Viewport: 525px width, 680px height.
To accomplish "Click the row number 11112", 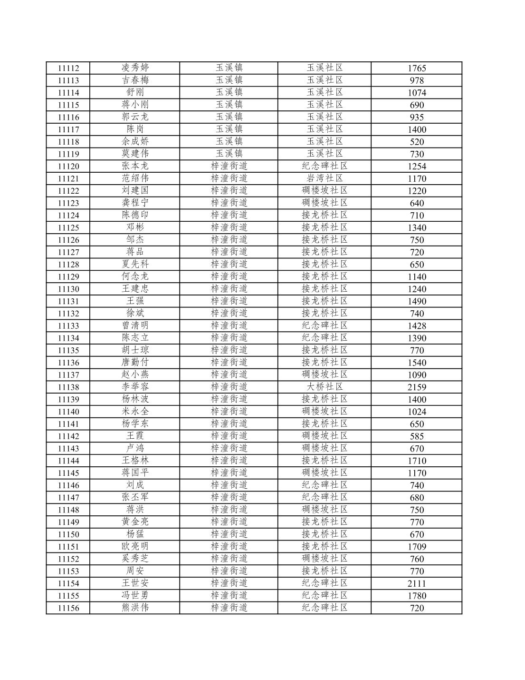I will (68, 68).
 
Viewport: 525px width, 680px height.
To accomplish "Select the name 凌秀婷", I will (135, 68).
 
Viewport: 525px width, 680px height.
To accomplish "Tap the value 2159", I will (417, 387).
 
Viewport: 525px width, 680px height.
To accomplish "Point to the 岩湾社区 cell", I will (325, 178).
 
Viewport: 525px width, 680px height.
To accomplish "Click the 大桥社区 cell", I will (325, 387).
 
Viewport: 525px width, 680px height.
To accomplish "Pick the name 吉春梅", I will (135, 80).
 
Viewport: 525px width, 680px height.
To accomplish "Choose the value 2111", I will (417, 583).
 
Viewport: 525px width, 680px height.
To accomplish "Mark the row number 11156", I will (68, 608).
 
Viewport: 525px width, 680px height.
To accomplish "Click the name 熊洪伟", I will (135, 608).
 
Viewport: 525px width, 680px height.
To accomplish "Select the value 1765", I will (417, 68).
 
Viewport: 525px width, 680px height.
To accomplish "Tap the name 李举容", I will (135, 387).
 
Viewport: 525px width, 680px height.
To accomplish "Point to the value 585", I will (417, 436).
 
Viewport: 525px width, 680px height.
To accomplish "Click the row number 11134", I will (68, 338).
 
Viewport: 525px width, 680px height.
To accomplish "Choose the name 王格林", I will (135, 460).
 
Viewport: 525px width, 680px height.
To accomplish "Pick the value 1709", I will (417, 547).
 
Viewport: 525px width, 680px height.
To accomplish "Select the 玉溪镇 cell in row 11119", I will (229, 153).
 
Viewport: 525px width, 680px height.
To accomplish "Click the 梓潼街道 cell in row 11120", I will (229, 166).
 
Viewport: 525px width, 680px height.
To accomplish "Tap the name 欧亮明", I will (135, 546).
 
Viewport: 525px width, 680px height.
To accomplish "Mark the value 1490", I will (417, 301).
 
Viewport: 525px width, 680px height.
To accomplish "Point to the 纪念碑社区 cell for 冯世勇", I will (325, 595).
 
